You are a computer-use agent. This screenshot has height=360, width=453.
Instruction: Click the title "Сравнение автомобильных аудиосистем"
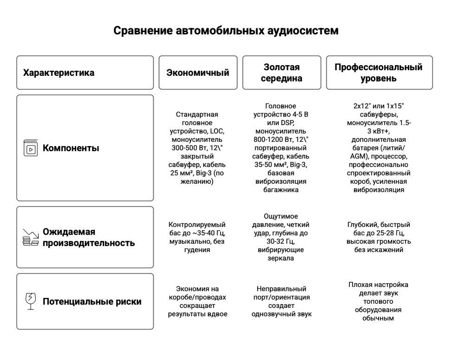(x=226, y=31)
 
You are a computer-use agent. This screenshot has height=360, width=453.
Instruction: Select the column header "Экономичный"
(x=198, y=73)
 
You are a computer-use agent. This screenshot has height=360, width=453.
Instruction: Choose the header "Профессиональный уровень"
(x=379, y=73)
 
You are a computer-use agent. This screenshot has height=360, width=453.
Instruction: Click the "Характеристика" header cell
(x=59, y=73)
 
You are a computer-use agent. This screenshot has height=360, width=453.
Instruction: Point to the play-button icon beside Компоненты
(x=31, y=149)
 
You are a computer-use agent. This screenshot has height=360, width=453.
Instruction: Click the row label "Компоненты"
(x=71, y=149)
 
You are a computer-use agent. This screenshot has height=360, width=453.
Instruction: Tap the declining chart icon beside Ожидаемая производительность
(x=31, y=237)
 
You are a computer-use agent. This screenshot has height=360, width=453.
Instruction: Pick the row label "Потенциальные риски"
(x=92, y=301)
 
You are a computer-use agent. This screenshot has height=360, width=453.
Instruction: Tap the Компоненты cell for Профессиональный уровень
(x=379, y=148)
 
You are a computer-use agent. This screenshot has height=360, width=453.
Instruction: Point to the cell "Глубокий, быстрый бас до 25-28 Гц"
(x=379, y=237)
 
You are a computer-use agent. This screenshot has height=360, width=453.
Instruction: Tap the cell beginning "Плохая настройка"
(x=379, y=301)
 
